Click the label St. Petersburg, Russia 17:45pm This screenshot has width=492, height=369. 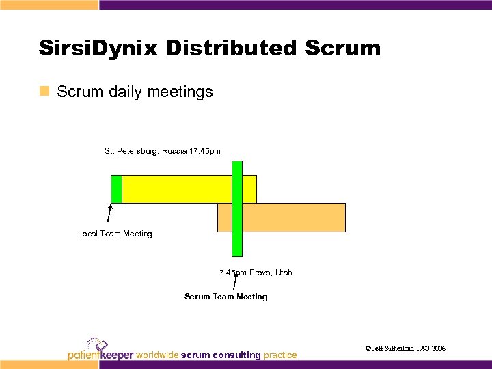[162, 150]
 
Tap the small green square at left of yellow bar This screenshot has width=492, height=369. [116, 189]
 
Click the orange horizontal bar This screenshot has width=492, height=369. [294, 217]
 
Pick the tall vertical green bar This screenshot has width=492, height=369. [237, 208]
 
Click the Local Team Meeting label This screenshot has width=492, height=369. [115, 234]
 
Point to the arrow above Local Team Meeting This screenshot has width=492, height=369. [109, 215]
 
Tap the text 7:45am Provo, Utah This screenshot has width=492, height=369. [256, 273]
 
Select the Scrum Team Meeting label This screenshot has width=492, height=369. [225, 297]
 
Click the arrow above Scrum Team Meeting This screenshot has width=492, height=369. [235, 282]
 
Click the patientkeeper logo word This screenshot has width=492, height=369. [100, 355]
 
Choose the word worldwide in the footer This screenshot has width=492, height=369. [158, 355]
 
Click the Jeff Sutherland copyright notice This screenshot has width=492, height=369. [405, 348]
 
